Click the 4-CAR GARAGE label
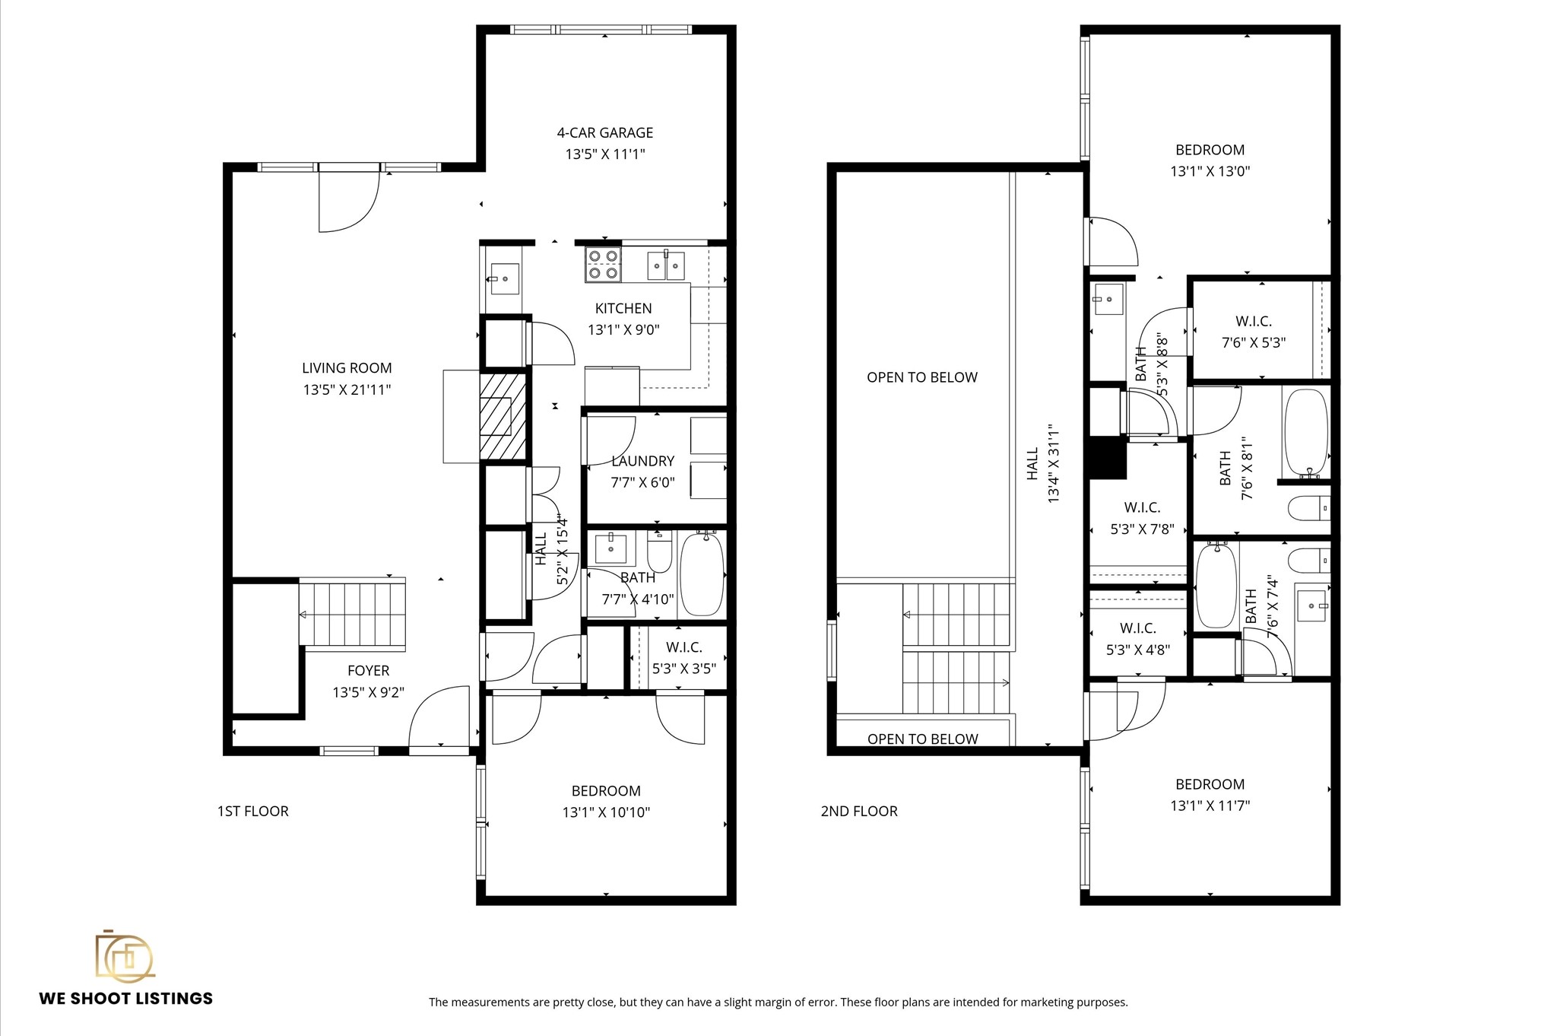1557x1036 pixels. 604,133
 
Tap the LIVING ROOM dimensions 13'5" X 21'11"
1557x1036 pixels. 347,390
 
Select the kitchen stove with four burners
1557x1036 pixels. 603,265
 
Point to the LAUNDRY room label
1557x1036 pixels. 642,461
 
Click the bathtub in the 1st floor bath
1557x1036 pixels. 700,575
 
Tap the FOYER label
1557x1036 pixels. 368,671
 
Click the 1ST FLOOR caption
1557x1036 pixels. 252,812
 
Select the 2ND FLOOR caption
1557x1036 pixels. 859,812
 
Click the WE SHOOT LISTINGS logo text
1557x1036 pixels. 126,999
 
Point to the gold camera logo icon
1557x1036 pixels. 125,956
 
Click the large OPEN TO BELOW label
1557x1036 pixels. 921,377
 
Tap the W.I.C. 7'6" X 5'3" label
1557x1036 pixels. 1253,332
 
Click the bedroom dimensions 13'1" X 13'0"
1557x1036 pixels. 1210,172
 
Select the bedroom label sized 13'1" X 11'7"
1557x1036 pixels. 1210,784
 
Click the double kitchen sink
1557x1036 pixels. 666,265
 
